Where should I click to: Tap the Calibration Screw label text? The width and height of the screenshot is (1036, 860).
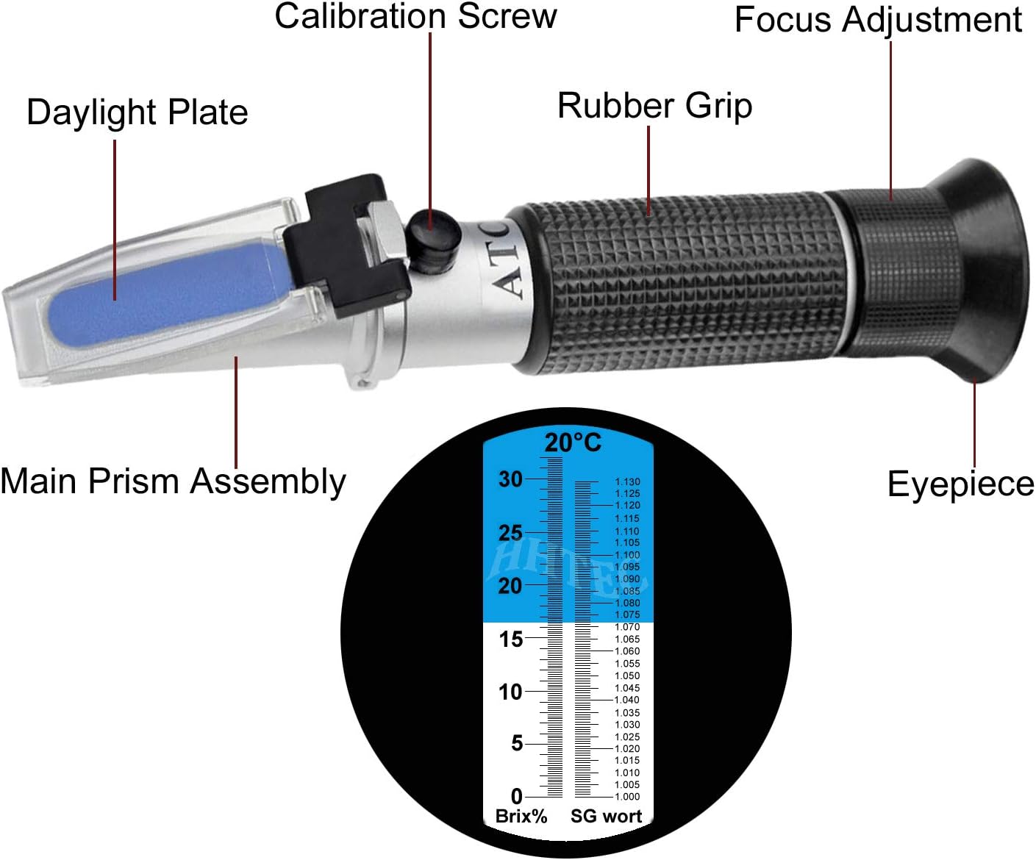[415, 16]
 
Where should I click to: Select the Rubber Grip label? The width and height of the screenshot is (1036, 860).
[655, 107]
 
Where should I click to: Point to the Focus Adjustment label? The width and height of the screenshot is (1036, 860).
[878, 21]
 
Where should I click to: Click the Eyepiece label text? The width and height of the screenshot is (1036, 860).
[961, 484]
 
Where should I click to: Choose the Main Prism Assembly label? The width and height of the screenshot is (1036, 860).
[174, 481]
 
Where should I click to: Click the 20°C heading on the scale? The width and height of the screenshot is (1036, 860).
[573, 442]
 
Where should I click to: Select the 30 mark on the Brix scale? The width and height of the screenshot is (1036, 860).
[510, 479]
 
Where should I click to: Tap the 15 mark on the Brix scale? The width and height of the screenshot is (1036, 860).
[510, 639]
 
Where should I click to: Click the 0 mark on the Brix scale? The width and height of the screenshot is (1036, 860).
[516, 797]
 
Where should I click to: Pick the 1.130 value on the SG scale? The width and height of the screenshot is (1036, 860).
[627, 481]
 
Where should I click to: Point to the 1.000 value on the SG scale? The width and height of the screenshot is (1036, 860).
[627, 797]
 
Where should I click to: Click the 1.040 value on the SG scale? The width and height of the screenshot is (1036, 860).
[627, 700]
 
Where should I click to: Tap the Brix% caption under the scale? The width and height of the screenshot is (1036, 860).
[521, 817]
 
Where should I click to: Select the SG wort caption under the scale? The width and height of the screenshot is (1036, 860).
[606, 817]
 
